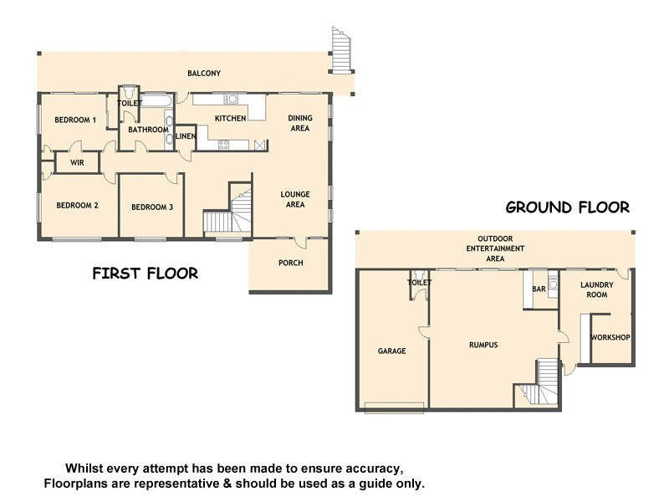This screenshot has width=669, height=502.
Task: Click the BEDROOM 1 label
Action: pyautogui.click(x=75, y=120)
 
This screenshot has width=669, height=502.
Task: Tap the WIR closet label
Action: pyautogui.click(x=77, y=162)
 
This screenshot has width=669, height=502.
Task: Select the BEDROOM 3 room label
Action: pyautogui.click(x=152, y=207)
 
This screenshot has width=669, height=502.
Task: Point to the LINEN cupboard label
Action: pyautogui.click(x=186, y=136)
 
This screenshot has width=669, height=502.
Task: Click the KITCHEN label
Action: pyautogui.click(x=230, y=119)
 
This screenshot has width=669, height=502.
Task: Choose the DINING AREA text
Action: pyautogui.click(x=299, y=123)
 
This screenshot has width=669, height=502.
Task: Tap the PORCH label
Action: pyautogui.click(x=290, y=263)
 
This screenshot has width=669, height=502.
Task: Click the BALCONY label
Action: pyautogui.click(x=204, y=74)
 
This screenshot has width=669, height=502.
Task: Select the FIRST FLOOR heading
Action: pyautogui.click(x=145, y=274)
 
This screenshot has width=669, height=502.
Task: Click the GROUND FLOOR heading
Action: pyautogui.click(x=567, y=207)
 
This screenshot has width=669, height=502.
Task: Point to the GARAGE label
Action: pyautogui.click(x=391, y=351)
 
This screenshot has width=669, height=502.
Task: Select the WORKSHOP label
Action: pyautogui.click(x=610, y=338)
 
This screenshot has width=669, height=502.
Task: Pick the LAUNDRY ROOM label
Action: pyautogui.click(x=597, y=289)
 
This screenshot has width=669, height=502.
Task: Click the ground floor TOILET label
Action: pyautogui.click(x=418, y=284)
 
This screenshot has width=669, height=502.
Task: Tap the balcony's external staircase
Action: pyautogui.click(x=340, y=50)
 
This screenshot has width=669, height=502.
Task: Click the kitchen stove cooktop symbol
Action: pyautogui.click(x=224, y=144)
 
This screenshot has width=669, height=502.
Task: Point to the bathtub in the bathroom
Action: pyautogui.click(x=156, y=101)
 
